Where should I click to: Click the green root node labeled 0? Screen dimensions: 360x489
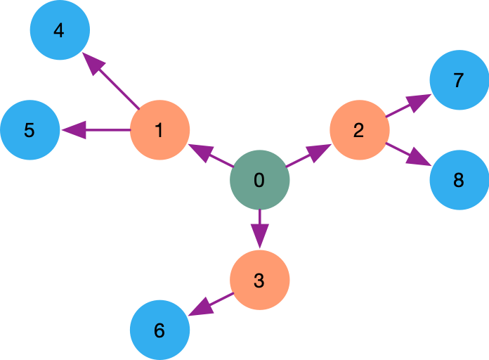(259, 180)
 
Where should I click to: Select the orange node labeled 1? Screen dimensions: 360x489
(159, 130)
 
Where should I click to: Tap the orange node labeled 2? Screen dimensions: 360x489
(359, 130)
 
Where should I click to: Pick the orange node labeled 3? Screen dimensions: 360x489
(259, 280)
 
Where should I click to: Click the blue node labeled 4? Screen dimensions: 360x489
(60, 30)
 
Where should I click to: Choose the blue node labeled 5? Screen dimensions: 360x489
(30, 130)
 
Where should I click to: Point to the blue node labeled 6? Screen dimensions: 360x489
(159, 330)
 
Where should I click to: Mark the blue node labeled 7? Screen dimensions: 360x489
(459, 80)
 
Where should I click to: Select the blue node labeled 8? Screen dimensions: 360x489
(459, 180)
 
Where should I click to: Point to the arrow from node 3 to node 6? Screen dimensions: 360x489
(211, 304)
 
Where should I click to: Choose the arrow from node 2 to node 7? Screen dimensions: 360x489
(408, 105)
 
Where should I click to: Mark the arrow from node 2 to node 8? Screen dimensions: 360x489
(408, 155)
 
